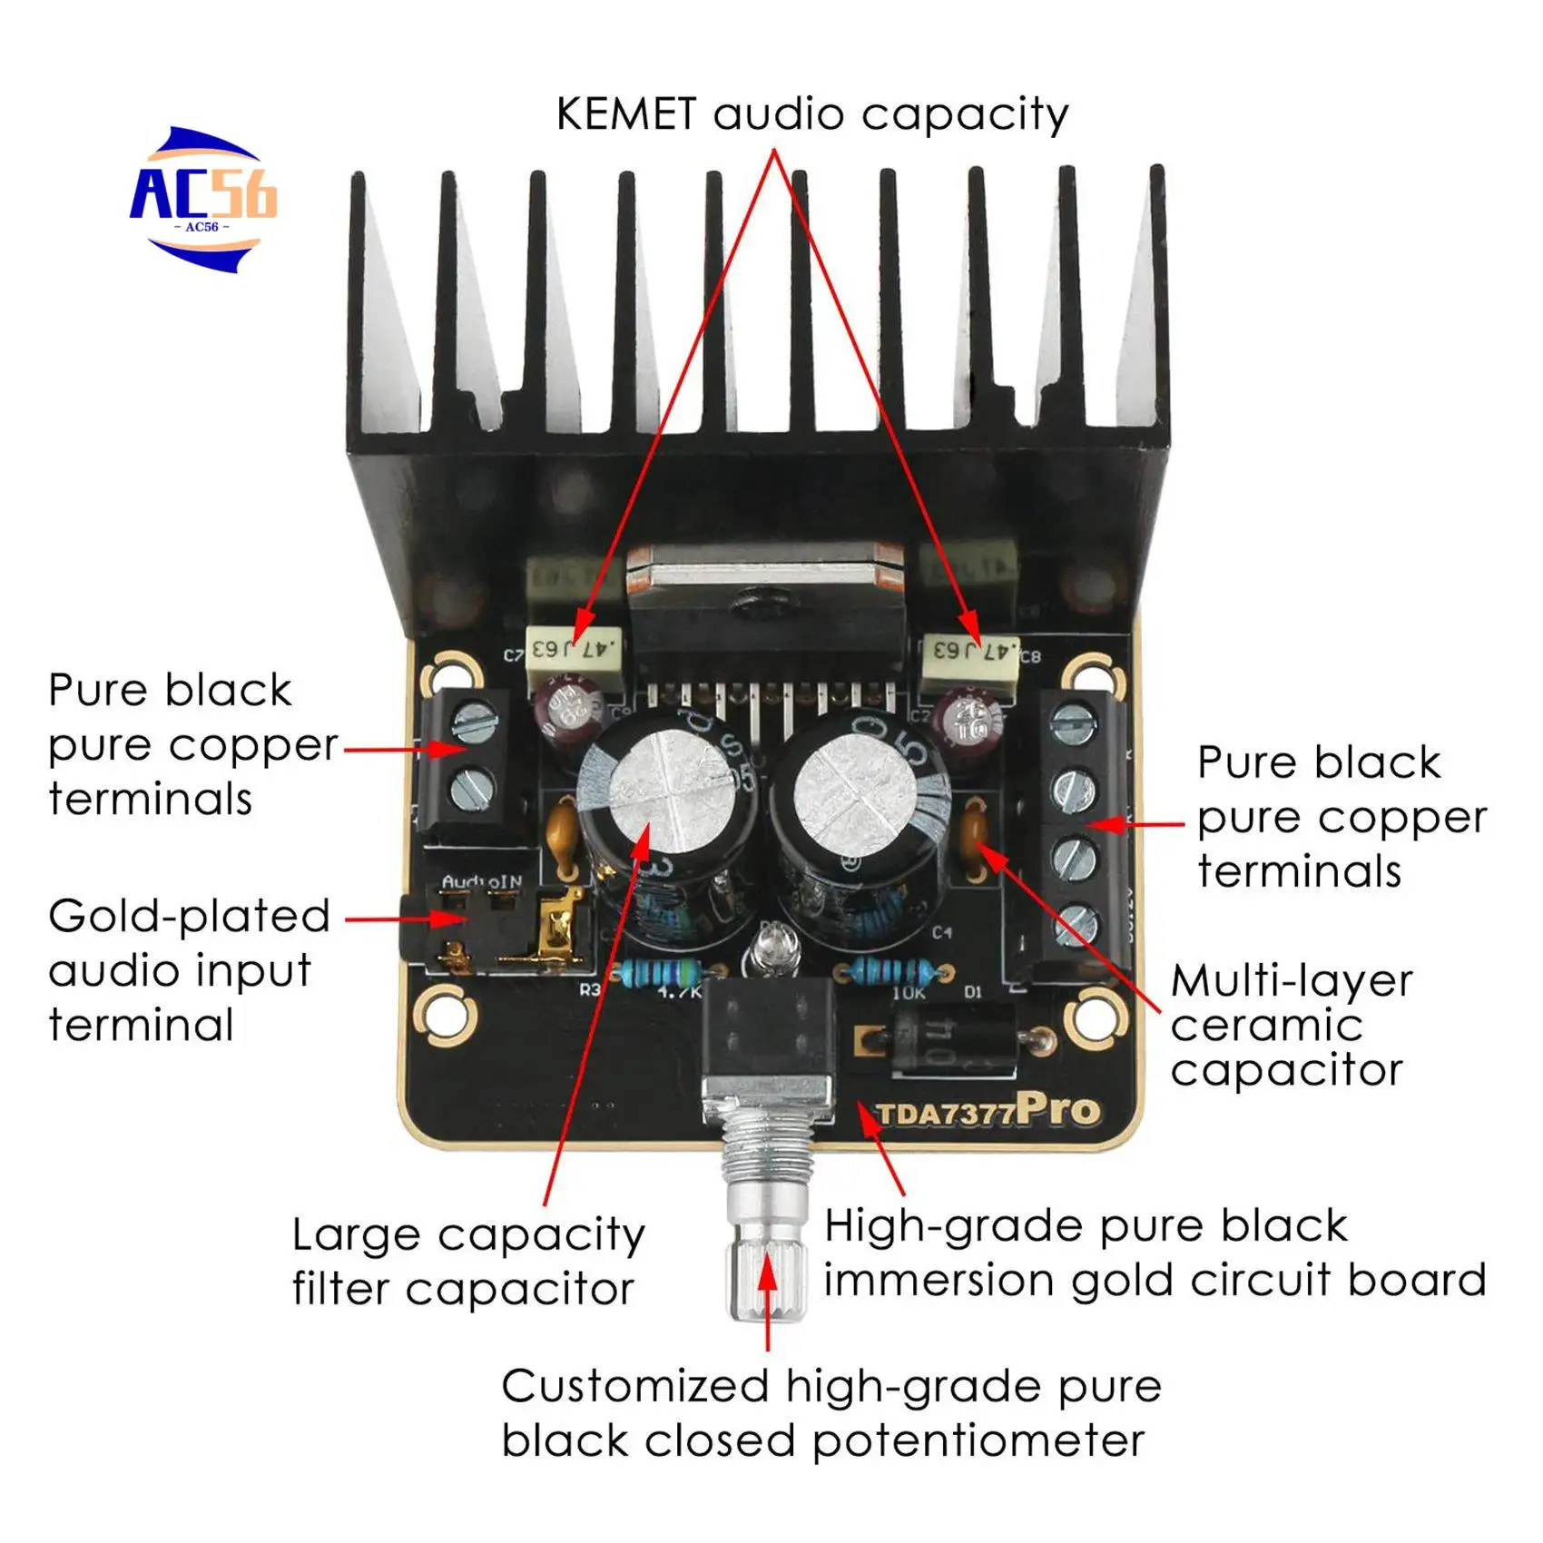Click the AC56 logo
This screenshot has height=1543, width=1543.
pyautogui.click(x=203, y=200)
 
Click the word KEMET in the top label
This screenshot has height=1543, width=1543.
pyautogui.click(x=625, y=115)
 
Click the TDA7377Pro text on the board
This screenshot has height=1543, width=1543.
pyautogui.click(x=988, y=1111)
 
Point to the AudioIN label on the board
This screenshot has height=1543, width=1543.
pyautogui.click(x=482, y=882)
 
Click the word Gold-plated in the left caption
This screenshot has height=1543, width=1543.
pyautogui.click(x=189, y=917)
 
